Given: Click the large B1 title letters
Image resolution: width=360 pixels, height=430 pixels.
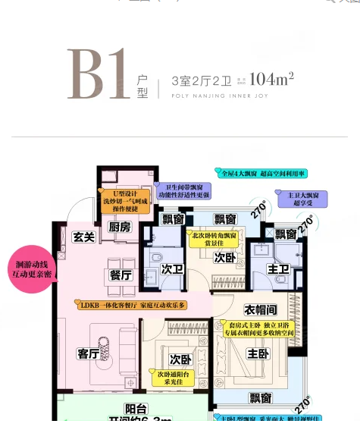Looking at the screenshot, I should tap(95, 74).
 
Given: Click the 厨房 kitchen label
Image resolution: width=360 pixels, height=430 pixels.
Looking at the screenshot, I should tap(120, 226).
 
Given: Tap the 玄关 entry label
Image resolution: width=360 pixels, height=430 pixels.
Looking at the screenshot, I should tap(83, 237).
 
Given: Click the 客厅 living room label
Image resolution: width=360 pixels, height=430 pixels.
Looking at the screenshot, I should tap(89, 353).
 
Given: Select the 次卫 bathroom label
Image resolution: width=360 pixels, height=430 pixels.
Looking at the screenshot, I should tap(172, 268).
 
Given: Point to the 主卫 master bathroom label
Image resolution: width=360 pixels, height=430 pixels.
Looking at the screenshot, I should tap(279, 269).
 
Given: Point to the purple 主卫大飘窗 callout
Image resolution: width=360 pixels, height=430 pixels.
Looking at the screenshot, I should tap(307, 199).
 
